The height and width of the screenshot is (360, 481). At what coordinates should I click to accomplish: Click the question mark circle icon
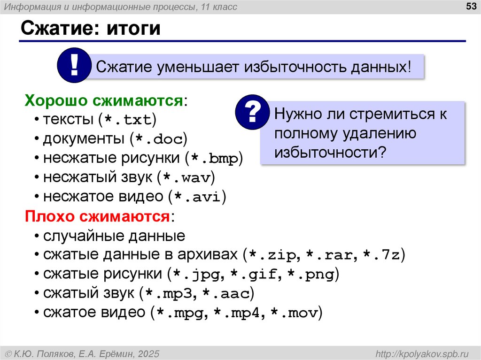pos(252,112)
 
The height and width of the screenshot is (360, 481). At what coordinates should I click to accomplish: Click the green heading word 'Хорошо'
pos(56,100)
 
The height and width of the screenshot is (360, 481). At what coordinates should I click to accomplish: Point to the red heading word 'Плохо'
pos(50,216)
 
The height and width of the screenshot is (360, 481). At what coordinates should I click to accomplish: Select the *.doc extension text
pos(159,139)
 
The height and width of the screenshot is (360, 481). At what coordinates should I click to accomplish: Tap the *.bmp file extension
pos(214,159)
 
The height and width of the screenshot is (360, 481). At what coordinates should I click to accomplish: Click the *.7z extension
pos(381,256)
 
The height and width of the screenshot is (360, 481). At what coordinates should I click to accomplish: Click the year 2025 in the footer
pos(149,353)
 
